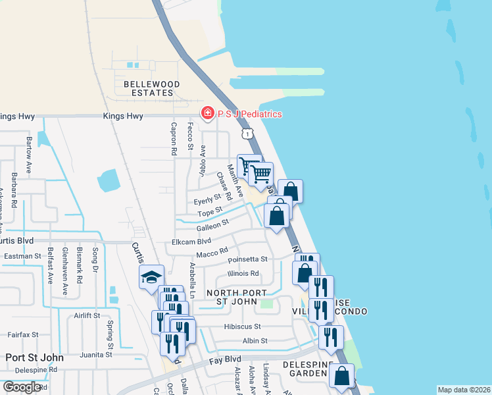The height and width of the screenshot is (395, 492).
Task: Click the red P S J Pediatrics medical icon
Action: click(x=207, y=114)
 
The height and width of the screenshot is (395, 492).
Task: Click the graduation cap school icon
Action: click(x=151, y=277)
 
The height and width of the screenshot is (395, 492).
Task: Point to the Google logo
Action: click(x=22, y=387)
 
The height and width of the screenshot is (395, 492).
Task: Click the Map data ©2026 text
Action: click(x=464, y=390)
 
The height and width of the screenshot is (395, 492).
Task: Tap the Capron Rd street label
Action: click(x=174, y=139)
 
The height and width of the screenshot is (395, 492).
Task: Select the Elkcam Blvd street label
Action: click(x=191, y=242)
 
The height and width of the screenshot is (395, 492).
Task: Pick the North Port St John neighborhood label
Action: click(x=237, y=298)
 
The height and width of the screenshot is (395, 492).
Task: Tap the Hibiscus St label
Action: click(x=243, y=327)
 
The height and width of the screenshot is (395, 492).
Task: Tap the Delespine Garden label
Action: click(x=305, y=369)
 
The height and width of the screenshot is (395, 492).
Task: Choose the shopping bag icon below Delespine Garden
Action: click(x=341, y=376)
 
